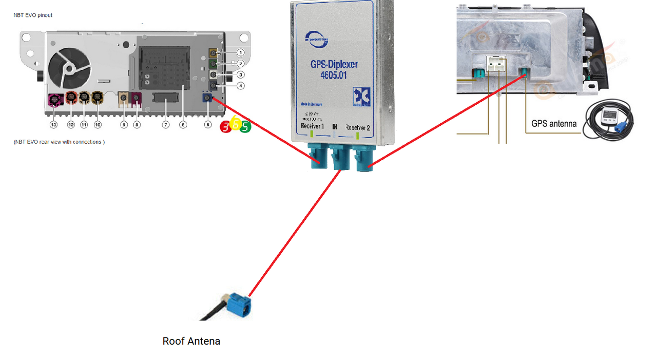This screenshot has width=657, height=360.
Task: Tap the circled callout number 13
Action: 53,125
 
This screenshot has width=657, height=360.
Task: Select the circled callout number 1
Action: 240,52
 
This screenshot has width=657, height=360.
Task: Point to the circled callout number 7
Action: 165,125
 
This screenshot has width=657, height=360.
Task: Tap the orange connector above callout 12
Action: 71,96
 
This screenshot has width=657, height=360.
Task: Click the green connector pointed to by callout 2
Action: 212,64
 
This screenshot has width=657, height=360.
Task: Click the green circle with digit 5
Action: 245,126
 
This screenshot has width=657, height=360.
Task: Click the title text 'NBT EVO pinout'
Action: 33,15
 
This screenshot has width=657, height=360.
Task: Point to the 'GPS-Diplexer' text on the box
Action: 334,65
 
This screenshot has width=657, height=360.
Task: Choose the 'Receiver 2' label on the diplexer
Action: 358,127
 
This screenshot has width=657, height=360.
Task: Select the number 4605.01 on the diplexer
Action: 334,75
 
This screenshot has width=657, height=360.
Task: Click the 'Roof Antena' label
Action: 191,341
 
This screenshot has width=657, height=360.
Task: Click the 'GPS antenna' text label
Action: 554,123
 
